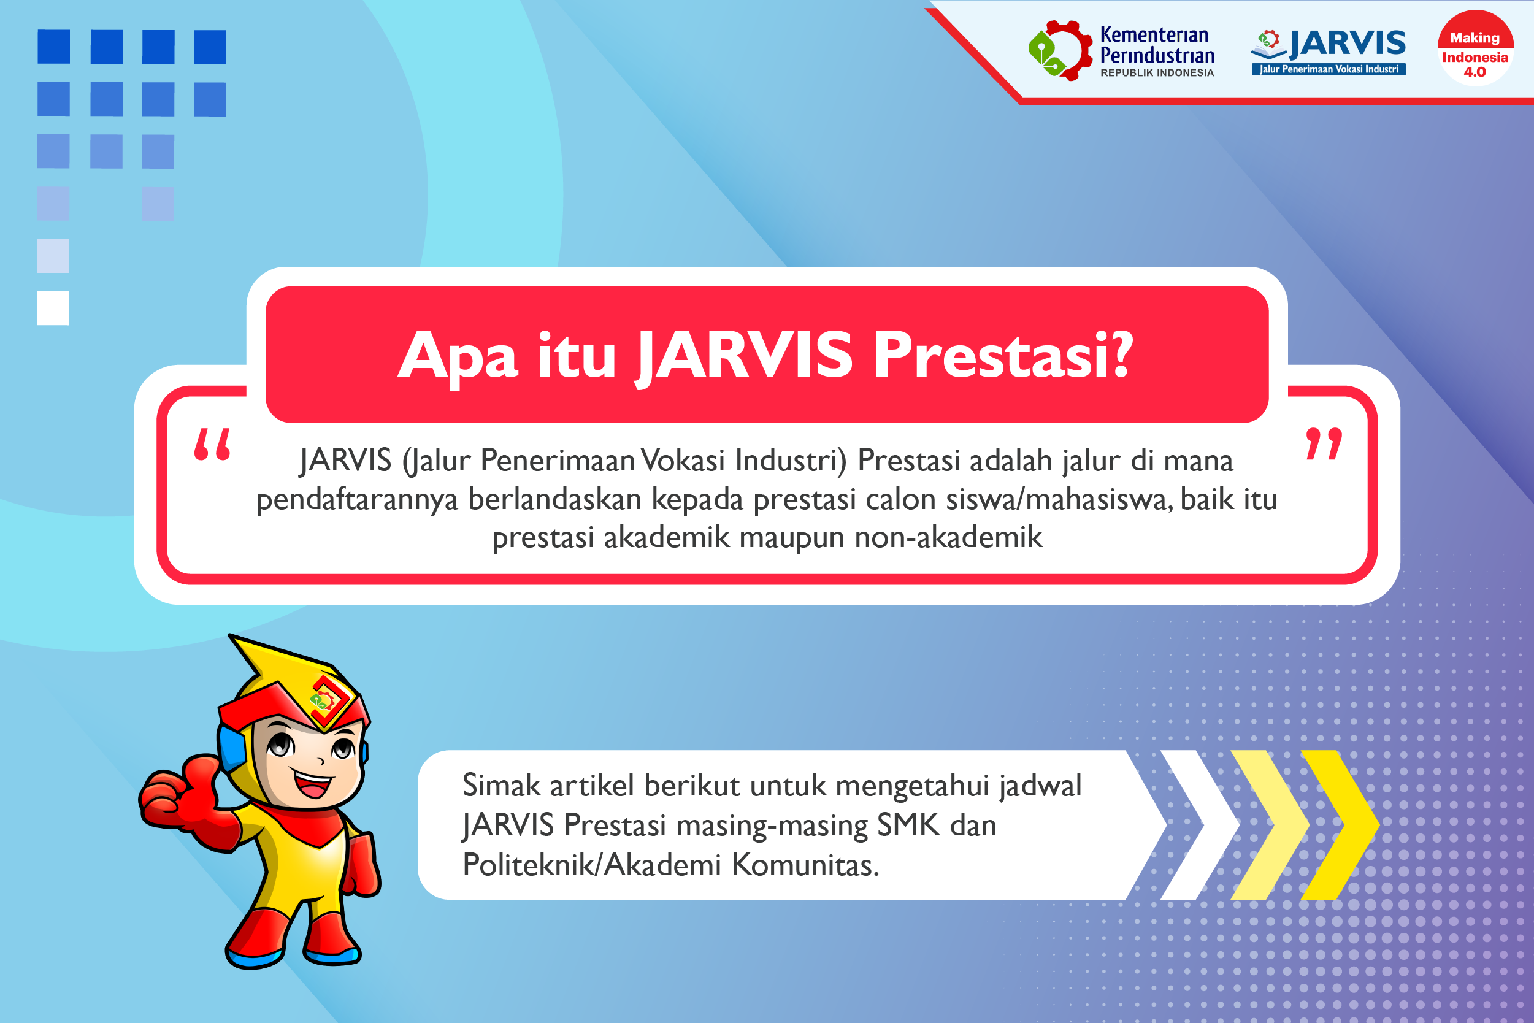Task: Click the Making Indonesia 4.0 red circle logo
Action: coord(1475,49)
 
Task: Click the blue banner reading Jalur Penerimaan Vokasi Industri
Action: coord(1329,69)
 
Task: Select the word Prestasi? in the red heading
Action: coord(1003,355)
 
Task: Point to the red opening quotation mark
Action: coord(213,444)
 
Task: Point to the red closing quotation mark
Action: coord(1324,444)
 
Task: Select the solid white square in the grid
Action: coord(53,308)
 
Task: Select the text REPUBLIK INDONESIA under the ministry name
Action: coord(1157,73)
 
